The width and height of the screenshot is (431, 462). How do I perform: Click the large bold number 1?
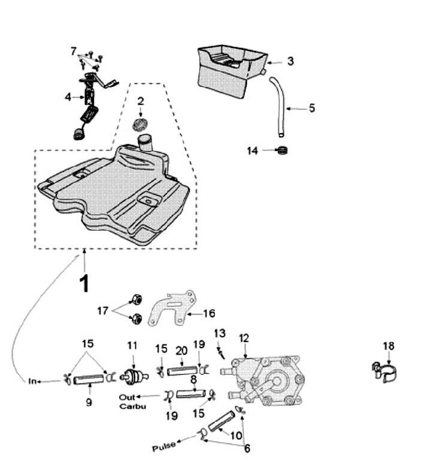coord(84,283)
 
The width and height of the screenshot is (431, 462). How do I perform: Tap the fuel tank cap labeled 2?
coord(140,125)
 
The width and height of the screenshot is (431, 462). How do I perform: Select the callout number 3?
coord(290,61)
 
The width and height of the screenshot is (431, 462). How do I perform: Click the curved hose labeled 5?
coord(280,107)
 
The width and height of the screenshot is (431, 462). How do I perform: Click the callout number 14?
coord(252,151)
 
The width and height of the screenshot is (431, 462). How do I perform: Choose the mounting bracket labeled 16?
coord(172,308)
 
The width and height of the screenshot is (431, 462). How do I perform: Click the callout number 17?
coord(102,310)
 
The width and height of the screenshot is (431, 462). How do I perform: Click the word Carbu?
coord(132,406)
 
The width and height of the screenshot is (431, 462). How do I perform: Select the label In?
coord(32,381)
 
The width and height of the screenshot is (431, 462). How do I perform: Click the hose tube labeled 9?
coord(89,379)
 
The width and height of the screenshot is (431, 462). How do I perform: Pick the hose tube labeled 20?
coord(182,371)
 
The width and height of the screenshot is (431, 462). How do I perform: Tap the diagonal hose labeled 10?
coord(221,421)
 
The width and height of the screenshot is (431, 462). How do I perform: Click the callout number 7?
coord(73,51)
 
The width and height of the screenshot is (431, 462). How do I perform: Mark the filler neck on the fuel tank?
coord(144,142)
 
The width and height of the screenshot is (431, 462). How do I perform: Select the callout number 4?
coord(68,96)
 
